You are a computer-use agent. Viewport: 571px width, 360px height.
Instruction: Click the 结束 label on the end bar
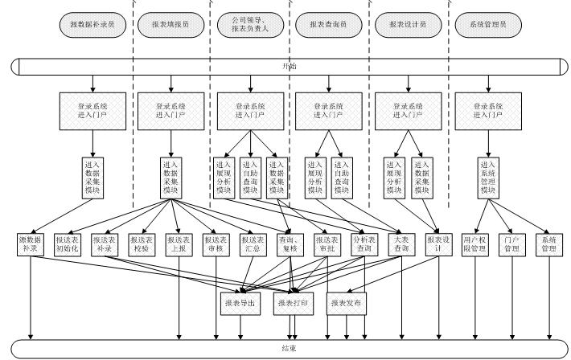[288, 348]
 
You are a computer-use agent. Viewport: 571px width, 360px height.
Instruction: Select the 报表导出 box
[241, 303]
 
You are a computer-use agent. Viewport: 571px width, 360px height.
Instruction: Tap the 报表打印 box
[294, 303]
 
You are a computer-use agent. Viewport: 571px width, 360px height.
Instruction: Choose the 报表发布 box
[347, 303]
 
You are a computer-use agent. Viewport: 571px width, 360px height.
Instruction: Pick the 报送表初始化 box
[68, 244]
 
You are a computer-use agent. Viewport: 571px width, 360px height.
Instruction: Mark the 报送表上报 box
[179, 244]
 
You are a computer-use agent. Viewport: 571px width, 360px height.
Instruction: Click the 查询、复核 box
[290, 244]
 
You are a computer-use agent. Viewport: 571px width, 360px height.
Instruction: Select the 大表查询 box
[400, 244]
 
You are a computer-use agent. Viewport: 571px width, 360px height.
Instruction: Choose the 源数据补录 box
[31, 244]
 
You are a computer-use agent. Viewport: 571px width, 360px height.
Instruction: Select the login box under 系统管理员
[487, 109]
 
